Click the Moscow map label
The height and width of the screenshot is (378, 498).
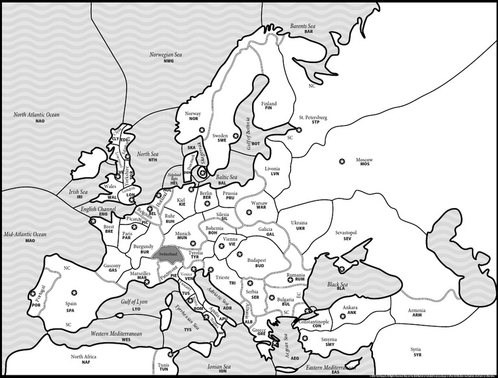[364, 161]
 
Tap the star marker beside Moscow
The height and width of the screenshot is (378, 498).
[341, 160]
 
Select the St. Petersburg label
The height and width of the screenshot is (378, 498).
[313, 119]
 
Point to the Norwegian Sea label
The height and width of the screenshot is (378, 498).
[166, 58]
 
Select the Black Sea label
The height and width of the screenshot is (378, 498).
[338, 286]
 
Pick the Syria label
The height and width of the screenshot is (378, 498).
[416, 351]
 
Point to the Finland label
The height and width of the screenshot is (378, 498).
[268, 106]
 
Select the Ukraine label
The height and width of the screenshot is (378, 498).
[299, 224]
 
